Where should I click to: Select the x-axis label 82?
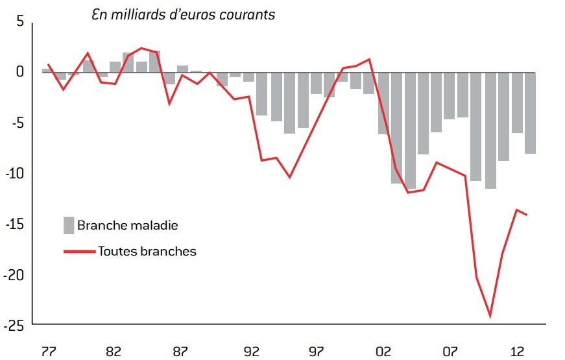[x=113, y=352]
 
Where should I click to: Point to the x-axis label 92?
[x=250, y=352]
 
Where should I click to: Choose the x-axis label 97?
[x=317, y=352]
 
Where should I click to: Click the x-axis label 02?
[x=383, y=352]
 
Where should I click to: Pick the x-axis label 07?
[x=451, y=352]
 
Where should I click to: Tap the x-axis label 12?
[x=518, y=352]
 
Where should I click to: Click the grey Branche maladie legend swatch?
[x=69, y=225]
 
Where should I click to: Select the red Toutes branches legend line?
[x=79, y=250]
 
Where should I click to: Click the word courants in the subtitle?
[x=248, y=15]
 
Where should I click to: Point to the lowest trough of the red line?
[x=490, y=317]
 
